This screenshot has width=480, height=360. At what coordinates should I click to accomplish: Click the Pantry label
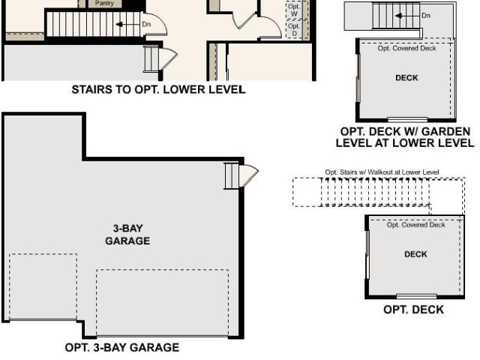[x=104, y=3]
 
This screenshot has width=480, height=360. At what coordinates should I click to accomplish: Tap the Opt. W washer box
[x=294, y=10]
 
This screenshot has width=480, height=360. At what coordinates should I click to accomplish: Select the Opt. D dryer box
[x=294, y=29]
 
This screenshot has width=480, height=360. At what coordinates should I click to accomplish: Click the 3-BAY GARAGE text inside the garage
[x=127, y=235]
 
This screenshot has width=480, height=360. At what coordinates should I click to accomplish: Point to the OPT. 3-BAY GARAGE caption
[x=122, y=347]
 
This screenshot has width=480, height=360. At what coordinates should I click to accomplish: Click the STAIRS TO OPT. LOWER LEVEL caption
[x=158, y=89]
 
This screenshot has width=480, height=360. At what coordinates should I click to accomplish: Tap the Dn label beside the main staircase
[x=146, y=24]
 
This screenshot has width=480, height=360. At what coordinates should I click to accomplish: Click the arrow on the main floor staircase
[x=127, y=24]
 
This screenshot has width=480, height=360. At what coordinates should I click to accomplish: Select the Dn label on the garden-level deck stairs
[x=426, y=15]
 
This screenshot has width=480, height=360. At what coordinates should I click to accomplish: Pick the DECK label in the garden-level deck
[x=406, y=78]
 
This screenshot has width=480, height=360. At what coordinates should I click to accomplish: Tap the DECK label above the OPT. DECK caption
[x=415, y=254]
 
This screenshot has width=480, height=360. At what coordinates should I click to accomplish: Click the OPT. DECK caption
[x=413, y=310]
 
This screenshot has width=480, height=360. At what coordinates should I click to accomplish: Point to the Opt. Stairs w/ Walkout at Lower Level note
[x=382, y=172]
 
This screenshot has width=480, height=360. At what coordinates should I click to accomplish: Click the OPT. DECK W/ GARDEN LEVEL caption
[x=405, y=137]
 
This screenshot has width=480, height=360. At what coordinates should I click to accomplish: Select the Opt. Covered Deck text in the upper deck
[x=406, y=48]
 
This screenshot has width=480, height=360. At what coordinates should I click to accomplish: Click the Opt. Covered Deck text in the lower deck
[x=415, y=225]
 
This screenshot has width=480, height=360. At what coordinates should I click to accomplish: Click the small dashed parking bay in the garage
[x=43, y=286]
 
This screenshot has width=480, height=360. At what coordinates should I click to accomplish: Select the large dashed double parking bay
[x=163, y=303]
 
